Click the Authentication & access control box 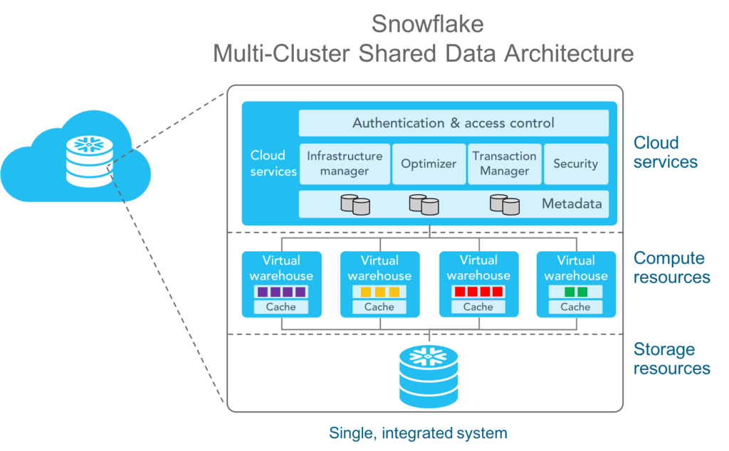point(453,123)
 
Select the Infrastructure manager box point(345,164)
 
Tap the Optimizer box point(428,164)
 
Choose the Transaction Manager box point(504,164)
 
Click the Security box point(575,164)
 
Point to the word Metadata point(572,204)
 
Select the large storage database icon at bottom point(429,375)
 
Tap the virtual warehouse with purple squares point(281,283)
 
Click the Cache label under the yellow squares point(379,307)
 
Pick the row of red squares point(478,292)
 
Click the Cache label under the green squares point(575,307)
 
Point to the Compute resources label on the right point(671,267)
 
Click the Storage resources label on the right point(671,359)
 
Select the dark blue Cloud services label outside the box point(665,152)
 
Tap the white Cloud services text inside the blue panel point(273,163)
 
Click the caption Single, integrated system point(418,433)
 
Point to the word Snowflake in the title point(428,24)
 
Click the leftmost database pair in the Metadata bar point(355,205)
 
